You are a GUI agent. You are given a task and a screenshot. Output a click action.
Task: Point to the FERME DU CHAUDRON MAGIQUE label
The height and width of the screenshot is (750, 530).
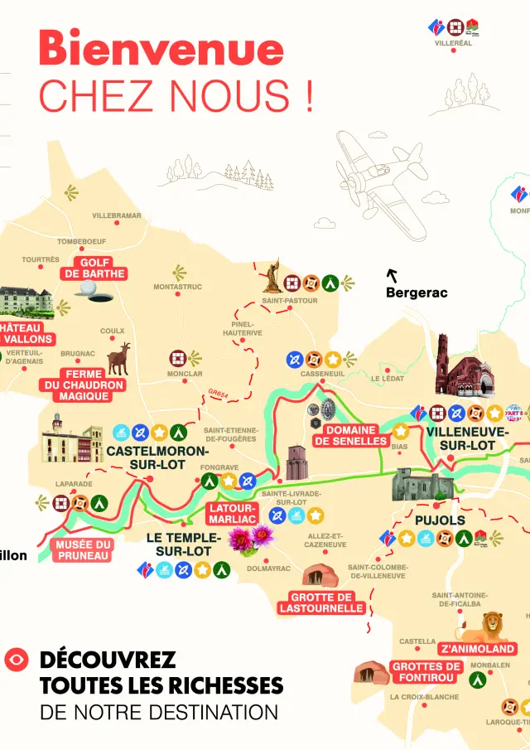pos(84,385)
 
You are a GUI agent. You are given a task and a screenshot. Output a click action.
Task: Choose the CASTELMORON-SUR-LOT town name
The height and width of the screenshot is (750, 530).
pos(157,458)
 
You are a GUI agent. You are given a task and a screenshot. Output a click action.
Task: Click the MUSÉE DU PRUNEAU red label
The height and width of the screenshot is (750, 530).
pos(84,550)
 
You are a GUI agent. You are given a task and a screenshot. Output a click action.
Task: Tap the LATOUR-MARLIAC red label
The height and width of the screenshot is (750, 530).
pos(232,513)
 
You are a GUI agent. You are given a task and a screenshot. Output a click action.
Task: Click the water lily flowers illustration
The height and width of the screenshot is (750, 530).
pos(250,540)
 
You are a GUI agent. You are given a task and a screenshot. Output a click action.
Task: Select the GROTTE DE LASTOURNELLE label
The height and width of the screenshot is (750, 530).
pos(321,602)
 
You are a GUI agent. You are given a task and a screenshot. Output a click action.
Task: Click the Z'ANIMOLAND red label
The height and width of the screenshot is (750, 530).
pos(477,649)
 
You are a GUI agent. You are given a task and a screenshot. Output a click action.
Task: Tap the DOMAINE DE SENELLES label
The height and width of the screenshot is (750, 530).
pos(351,436)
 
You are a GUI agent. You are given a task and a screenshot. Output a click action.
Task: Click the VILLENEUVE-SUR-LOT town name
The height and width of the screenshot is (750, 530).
pos(468,438)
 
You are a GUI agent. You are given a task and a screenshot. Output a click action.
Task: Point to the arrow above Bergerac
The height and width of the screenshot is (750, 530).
pos(393,275)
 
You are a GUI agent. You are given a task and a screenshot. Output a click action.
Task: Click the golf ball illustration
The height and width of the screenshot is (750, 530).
pos(88,287)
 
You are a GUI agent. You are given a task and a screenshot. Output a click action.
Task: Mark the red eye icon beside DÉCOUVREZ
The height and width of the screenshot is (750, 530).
pos(16,660)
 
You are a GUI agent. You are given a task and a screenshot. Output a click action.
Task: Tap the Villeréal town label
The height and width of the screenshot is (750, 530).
pos(453,43)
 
